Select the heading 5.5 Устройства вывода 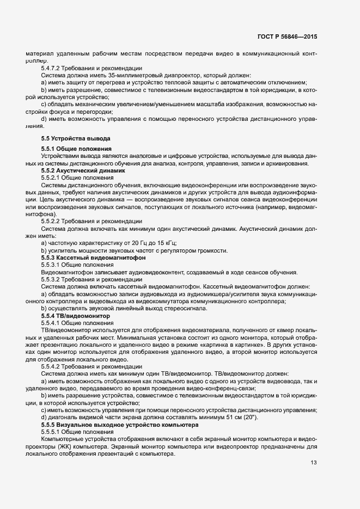[76, 139]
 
